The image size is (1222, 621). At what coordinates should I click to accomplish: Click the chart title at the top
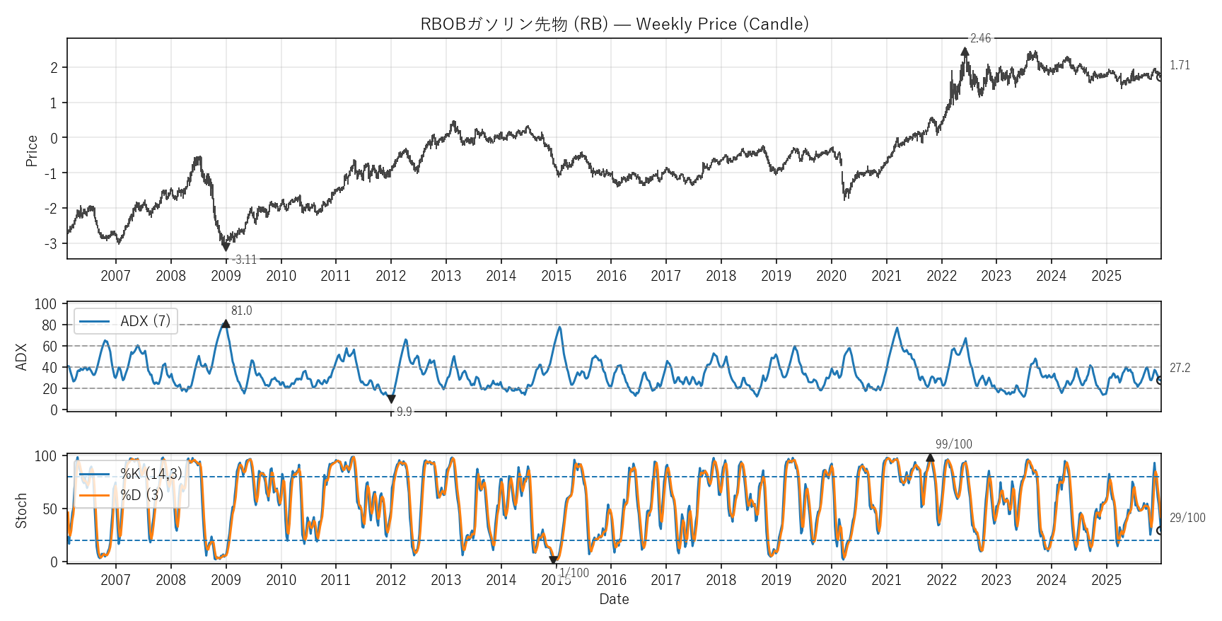614,24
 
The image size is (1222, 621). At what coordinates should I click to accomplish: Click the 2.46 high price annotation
980,38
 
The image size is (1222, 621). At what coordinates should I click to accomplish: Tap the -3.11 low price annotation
245,260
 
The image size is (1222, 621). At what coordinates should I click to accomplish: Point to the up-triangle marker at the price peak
965,52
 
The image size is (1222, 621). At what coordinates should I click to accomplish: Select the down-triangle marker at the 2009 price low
226,247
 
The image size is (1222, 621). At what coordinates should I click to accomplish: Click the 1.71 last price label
1180,65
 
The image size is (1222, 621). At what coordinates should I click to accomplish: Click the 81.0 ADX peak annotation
241,310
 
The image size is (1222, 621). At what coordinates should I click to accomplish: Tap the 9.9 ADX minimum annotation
404,412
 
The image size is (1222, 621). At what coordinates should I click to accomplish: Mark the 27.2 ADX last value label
1180,368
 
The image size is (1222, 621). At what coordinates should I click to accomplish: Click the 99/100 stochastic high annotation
953,444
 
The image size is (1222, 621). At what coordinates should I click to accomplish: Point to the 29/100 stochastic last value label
1187,518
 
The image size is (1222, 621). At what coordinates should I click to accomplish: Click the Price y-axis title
31,151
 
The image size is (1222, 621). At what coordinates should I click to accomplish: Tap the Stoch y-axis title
21,511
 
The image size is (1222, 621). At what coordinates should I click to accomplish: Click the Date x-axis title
614,599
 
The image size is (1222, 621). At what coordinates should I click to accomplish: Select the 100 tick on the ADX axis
45,304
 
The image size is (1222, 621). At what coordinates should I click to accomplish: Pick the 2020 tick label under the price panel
831,276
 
